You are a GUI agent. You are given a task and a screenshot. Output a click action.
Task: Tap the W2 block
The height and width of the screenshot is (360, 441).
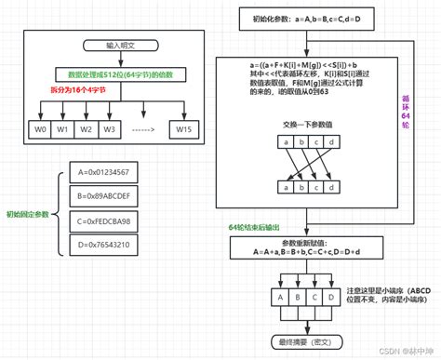tap(85, 128)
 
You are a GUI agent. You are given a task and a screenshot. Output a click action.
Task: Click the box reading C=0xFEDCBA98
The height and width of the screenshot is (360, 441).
tap(105, 222)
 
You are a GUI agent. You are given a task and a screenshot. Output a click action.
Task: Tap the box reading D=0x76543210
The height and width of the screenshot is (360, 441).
tap(105, 247)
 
